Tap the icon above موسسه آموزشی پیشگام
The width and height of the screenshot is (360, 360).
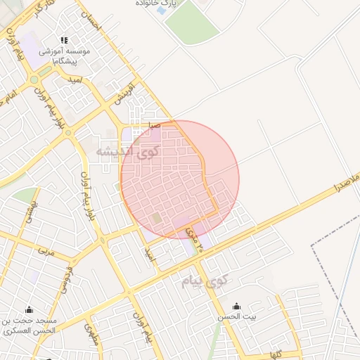click(x=65, y=41)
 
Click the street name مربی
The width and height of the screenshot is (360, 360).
click(x=46, y=250)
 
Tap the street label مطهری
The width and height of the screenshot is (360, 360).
click(x=90, y=332)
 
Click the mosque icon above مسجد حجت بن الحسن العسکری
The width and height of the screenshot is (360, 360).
click(x=29, y=309)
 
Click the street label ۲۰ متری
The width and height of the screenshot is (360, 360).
click(x=195, y=239)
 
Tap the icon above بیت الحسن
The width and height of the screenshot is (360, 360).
click(x=236, y=306)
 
